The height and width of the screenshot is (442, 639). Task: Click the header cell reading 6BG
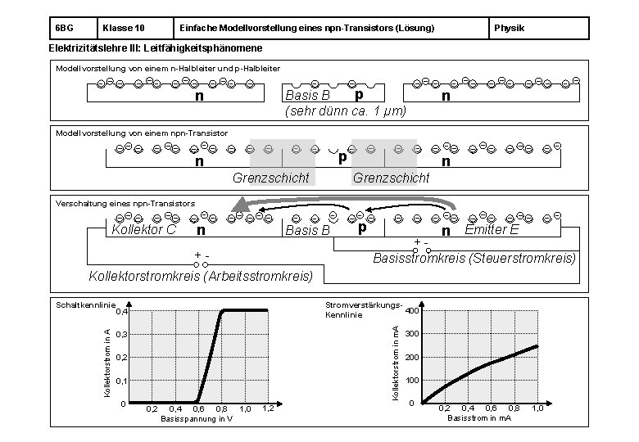[x=65, y=29]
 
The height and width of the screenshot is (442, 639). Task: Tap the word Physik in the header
[x=510, y=29]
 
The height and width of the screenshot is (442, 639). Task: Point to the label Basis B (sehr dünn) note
[x=307, y=97]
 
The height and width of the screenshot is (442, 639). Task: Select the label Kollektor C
[x=143, y=230]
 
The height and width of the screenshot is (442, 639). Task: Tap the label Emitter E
[x=492, y=230]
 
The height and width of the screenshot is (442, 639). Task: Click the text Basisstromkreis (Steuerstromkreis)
[x=474, y=259]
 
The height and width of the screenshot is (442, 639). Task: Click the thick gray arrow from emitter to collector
[x=344, y=203]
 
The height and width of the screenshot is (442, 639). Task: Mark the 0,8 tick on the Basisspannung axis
[x=221, y=408]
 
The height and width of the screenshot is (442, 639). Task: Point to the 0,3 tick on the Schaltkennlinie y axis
[x=120, y=335]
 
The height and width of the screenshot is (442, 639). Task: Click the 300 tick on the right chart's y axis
[x=410, y=334]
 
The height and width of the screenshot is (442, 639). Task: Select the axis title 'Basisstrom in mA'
[x=479, y=418]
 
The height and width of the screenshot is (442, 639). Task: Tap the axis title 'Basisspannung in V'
[x=197, y=418]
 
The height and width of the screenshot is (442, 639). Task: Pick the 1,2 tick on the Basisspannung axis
[x=268, y=408]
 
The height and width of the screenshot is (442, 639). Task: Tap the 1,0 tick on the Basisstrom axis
[x=537, y=408]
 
